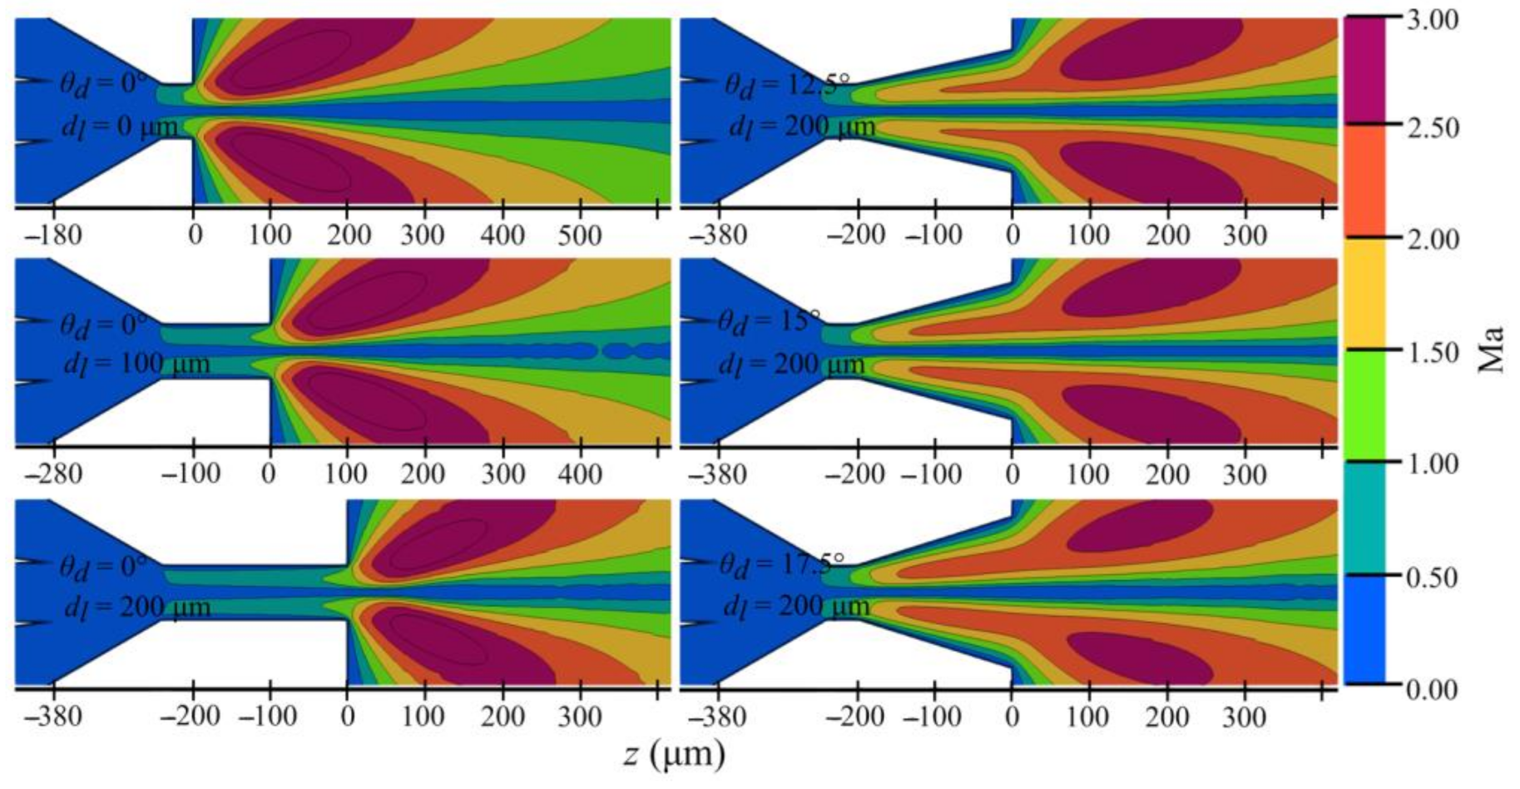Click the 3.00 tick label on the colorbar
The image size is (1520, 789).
(1432, 19)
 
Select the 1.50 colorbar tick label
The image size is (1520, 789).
(1432, 352)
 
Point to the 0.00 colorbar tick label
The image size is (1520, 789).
(1432, 689)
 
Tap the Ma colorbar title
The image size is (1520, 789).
(1492, 350)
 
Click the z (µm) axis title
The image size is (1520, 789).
(674, 754)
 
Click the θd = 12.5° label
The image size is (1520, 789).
(786, 85)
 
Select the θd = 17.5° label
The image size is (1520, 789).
(781, 564)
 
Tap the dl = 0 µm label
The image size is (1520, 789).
(120, 127)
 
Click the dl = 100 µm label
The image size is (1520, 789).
(136, 365)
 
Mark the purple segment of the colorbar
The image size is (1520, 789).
(1364, 70)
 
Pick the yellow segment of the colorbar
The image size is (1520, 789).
(1364, 293)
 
